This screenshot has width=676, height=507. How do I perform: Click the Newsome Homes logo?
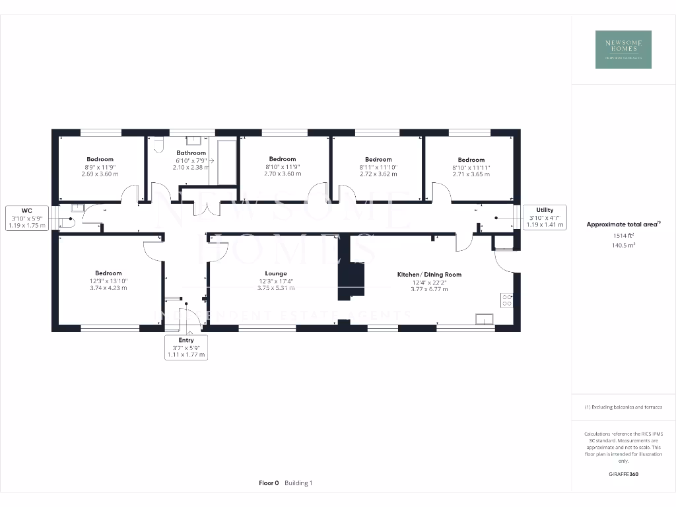pyautogui.click(x=623, y=50)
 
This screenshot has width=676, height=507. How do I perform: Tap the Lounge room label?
pyautogui.click(x=276, y=273)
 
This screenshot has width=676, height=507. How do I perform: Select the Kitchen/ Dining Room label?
pyautogui.click(x=429, y=274)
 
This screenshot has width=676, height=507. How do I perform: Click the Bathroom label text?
pyautogui.click(x=191, y=153)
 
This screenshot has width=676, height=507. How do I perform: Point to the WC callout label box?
pyautogui.click(x=27, y=218)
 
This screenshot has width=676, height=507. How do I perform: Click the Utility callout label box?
pyautogui.click(x=545, y=217)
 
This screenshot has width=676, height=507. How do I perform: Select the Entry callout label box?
pyautogui.click(x=186, y=347)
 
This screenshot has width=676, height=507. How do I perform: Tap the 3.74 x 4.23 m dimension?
pyautogui.click(x=108, y=288)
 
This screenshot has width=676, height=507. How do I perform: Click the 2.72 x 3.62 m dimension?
pyautogui.click(x=378, y=174)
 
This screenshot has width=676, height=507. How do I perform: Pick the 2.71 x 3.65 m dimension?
pyautogui.click(x=471, y=174)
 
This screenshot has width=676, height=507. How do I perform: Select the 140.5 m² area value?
pyautogui.click(x=623, y=245)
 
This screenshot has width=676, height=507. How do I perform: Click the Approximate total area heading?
pyautogui.click(x=622, y=224)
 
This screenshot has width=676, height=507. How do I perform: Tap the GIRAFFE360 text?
pyautogui.click(x=623, y=474)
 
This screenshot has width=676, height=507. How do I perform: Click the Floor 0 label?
pyautogui.click(x=270, y=483)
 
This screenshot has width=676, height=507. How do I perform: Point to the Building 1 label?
pyautogui.click(x=298, y=483)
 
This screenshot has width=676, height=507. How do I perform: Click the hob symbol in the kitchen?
pyautogui.click(x=507, y=300)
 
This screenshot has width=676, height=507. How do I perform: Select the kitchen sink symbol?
pyautogui.click(x=484, y=320)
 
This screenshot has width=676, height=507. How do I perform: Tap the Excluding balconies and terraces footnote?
pyautogui.click(x=623, y=407)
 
